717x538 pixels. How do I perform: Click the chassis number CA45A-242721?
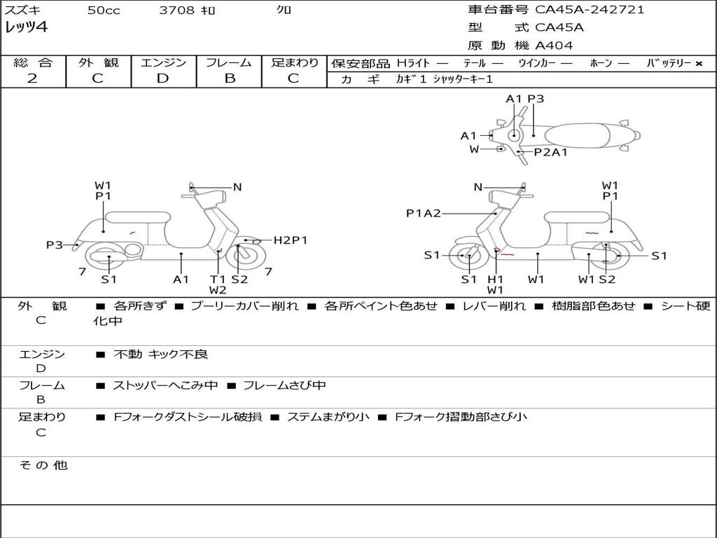[x=590, y=10]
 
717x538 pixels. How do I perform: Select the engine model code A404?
[x=554, y=46]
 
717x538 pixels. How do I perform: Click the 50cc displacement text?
[x=104, y=11]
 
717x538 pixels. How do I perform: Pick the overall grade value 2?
[x=32, y=78]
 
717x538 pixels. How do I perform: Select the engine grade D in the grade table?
[x=163, y=78]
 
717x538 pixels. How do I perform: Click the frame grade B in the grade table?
[x=229, y=78]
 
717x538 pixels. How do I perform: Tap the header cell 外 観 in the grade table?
[x=98, y=62]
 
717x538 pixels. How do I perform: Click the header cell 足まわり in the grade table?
[x=295, y=62]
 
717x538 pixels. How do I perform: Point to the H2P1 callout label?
[x=290, y=240]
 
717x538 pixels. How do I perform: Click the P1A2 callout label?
[x=424, y=213]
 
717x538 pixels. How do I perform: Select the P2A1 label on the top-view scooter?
[x=550, y=151]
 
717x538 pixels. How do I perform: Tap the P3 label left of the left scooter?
[x=55, y=244]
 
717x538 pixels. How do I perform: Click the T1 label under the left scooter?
[x=218, y=279]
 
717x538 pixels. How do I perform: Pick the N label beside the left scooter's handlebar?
[x=237, y=187]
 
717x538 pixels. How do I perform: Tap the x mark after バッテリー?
[x=698, y=63]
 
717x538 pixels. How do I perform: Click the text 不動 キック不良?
[x=161, y=354]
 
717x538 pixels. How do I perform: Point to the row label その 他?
[x=43, y=465]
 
